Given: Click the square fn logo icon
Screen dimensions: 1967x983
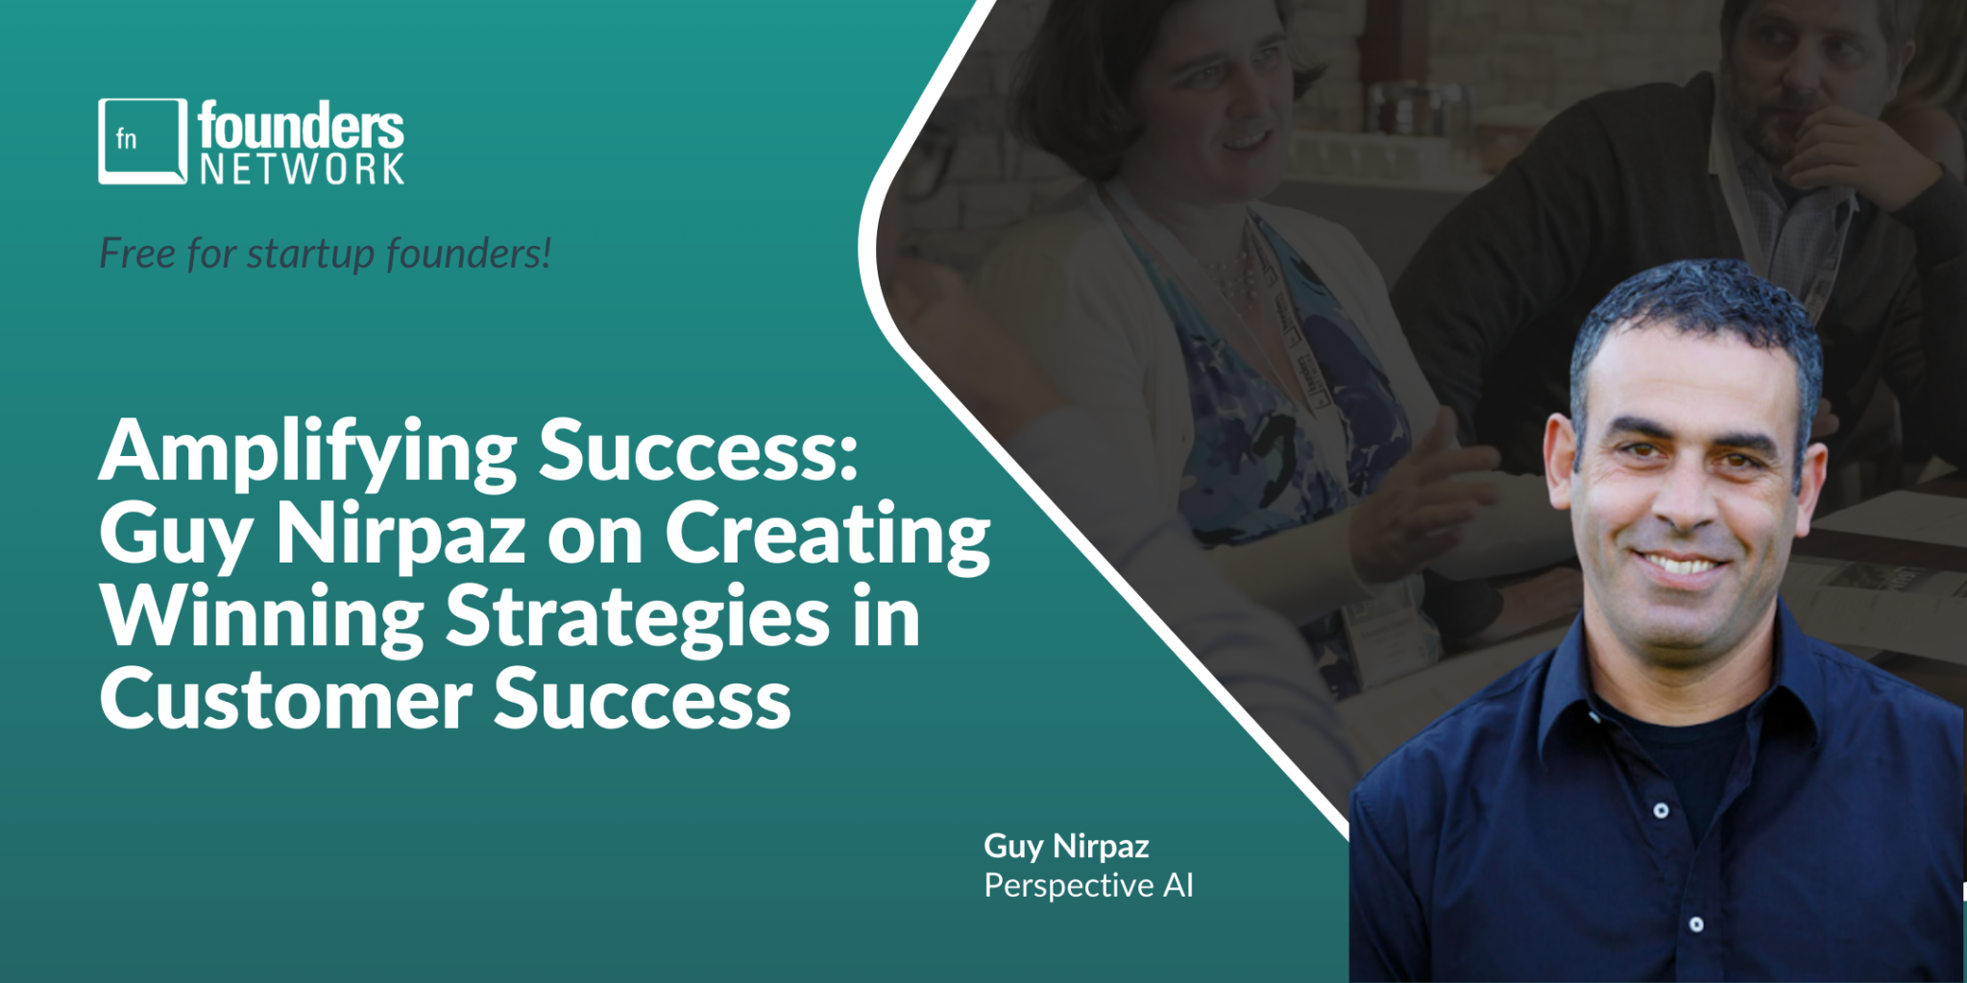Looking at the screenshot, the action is [142, 141].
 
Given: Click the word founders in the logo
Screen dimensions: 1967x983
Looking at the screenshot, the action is [302, 126].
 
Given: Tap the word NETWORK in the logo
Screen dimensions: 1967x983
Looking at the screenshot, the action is [302, 169].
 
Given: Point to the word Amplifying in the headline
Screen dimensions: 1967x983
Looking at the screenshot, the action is [308, 453].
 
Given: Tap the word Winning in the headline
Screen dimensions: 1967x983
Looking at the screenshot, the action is [261, 617].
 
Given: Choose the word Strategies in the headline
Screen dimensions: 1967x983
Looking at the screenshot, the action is [638, 617].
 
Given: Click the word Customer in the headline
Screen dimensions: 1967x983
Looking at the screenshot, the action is [285, 699].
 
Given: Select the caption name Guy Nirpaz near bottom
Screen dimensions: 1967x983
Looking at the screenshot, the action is [1066, 847].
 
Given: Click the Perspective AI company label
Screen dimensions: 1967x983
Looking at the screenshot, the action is [1088, 885].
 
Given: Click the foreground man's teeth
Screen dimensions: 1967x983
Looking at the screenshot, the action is [1681, 563].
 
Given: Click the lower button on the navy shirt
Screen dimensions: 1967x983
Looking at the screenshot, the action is [1696, 924].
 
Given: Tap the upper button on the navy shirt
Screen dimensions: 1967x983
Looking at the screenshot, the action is [1661, 810].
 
